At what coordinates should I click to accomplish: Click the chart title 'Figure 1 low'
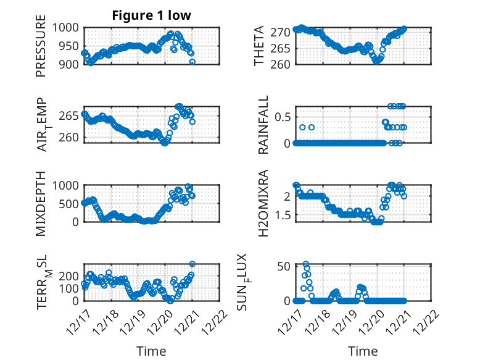[151, 15]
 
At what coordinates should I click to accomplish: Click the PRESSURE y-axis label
[41, 50]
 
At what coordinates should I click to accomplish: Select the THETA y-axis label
[260, 46]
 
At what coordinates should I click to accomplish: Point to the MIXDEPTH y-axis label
[41, 203]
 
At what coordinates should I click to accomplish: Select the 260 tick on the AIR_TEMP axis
[70, 137]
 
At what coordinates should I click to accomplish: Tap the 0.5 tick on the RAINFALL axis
[283, 116]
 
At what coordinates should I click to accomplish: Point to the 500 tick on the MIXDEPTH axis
[70, 204]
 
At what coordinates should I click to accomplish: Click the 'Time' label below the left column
[151, 351]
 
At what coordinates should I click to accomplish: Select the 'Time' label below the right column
[363, 351]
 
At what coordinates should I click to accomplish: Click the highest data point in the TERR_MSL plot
[192, 264]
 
